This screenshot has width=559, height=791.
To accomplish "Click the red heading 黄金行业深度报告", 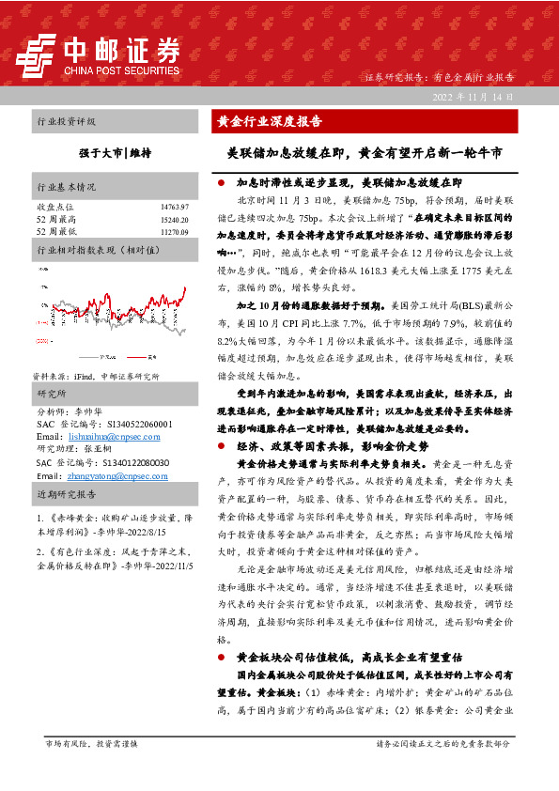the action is (x=270, y=121).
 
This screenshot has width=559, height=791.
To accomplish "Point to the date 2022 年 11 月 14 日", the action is (x=472, y=97).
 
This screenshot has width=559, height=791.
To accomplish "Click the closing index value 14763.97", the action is (x=175, y=205).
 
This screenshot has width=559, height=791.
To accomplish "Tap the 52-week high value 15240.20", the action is (x=175, y=218).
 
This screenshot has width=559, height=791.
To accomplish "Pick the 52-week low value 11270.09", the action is (x=175, y=230).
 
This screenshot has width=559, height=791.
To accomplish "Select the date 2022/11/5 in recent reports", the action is (x=173, y=567).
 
